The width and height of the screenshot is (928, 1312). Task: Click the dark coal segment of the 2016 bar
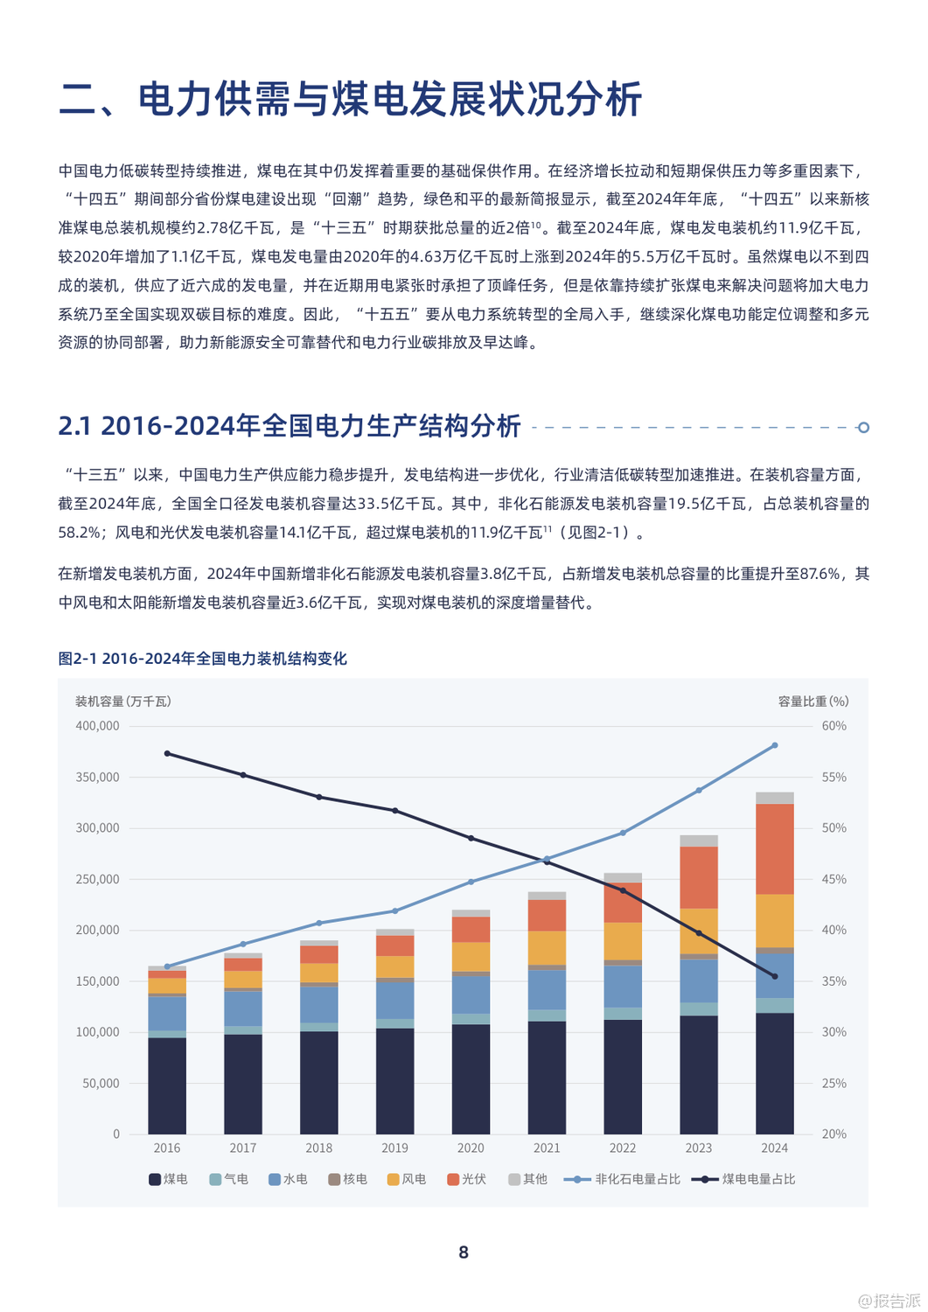[167, 1085]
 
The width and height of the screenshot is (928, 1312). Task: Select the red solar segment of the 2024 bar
[774, 848]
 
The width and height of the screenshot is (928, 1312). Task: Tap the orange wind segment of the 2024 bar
[774, 920]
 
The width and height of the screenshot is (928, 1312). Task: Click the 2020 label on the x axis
[471, 1148]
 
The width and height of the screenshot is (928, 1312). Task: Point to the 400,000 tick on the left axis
[97, 726]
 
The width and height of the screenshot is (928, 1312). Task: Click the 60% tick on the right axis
[834, 726]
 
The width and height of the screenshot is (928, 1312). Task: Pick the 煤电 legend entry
[168, 1179]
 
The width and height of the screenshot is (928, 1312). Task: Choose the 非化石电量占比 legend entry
[623, 1179]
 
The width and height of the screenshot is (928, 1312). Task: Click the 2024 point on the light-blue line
[775, 745]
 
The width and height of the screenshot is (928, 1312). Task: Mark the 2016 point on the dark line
[167, 753]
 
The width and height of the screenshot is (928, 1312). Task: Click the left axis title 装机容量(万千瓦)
[123, 701]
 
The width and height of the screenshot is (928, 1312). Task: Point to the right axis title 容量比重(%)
[813, 701]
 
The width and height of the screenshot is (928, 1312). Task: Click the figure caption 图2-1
[78, 659]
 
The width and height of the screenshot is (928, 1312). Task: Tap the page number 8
[464, 1253]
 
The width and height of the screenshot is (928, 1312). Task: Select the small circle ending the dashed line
[863, 428]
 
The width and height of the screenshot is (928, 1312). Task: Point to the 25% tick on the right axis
[834, 1083]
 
